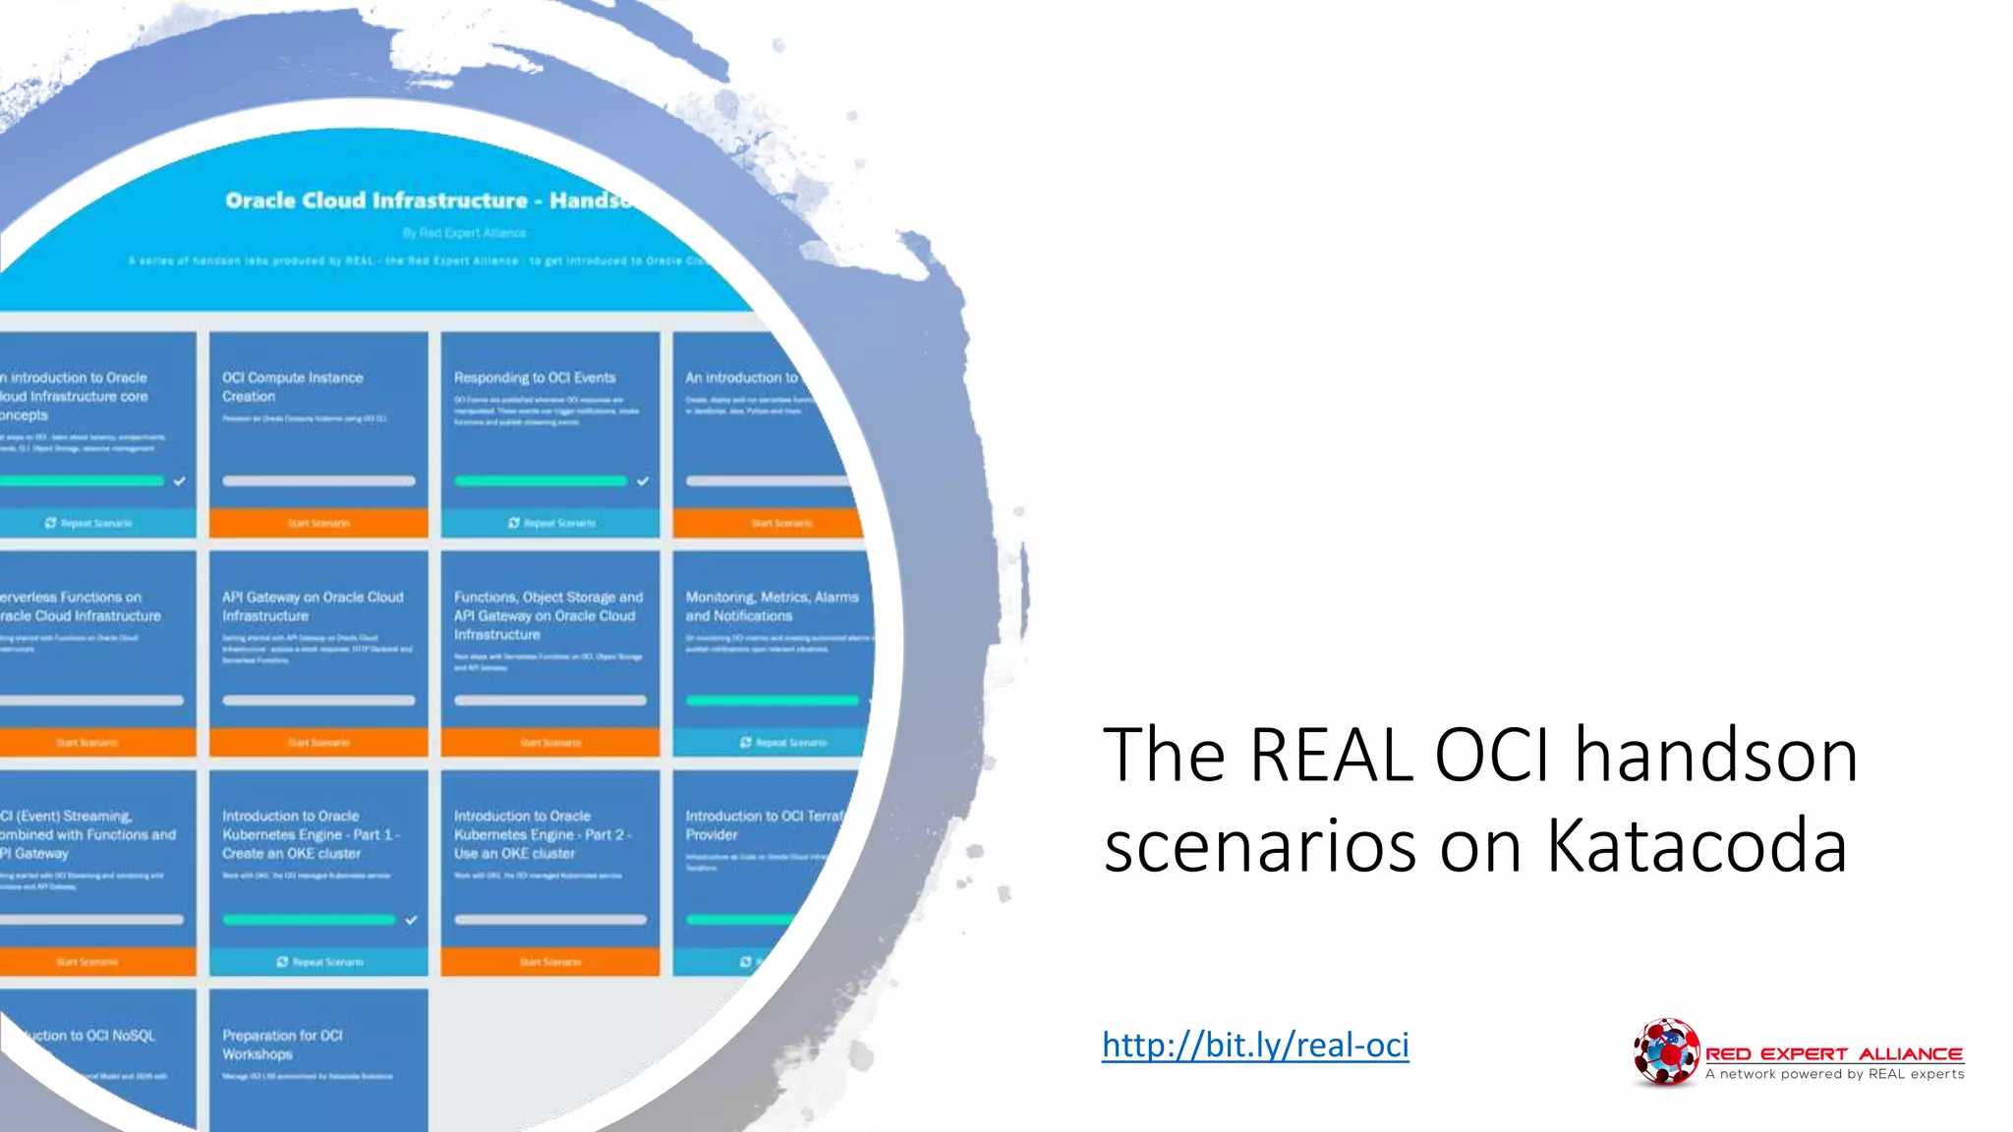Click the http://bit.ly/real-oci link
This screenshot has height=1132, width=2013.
1255,1045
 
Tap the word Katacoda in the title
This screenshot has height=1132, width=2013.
1697,845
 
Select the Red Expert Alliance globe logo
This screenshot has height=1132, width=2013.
1665,1052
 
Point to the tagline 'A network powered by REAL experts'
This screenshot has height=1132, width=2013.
1834,1074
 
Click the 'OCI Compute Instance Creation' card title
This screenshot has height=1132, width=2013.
292,387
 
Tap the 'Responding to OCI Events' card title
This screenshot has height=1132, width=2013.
535,377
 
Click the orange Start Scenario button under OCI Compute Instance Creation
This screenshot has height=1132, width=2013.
318,523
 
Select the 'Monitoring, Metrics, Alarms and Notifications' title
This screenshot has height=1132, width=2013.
772,606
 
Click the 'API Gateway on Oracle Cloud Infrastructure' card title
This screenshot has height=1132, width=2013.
313,606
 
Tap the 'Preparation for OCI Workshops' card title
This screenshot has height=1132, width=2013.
282,1045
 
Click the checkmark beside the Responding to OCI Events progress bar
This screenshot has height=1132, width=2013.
643,481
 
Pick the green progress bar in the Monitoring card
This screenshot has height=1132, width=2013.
772,701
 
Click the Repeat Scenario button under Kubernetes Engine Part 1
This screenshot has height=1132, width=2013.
318,962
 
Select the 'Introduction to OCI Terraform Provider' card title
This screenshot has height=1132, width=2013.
763,825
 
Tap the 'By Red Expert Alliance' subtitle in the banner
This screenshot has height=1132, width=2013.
465,233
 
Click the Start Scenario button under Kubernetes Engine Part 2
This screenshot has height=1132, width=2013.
550,962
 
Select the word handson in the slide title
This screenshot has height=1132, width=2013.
1716,755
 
